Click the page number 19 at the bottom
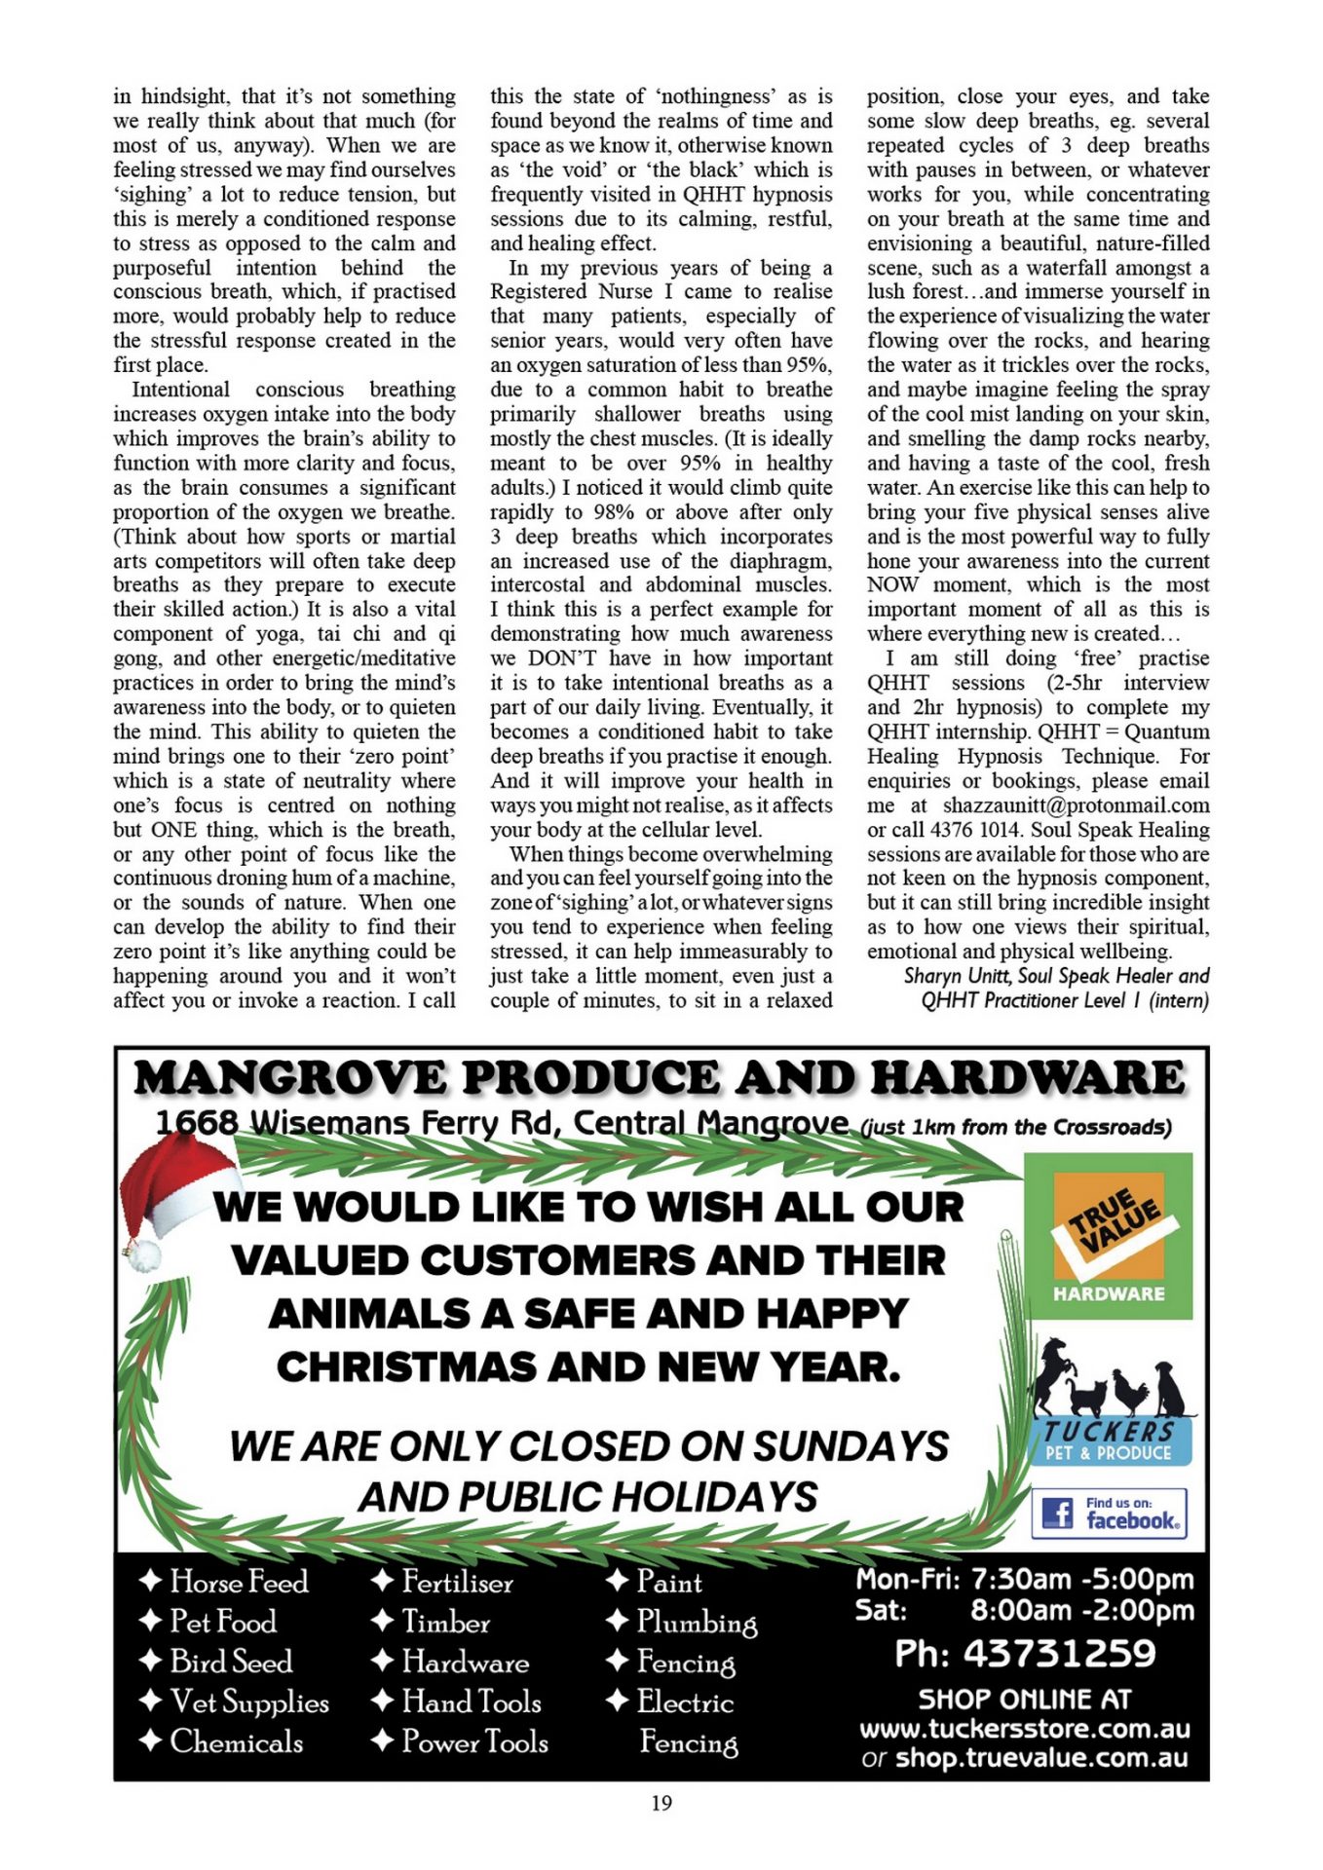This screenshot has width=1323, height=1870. (x=661, y=1803)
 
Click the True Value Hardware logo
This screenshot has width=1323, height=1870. (x=1109, y=1235)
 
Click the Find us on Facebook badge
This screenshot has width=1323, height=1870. (x=1110, y=1513)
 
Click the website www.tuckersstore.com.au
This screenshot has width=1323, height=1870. (x=1025, y=1729)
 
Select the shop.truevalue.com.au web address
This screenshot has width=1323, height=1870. (x=1041, y=1757)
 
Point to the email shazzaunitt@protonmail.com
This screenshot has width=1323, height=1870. (x=1076, y=805)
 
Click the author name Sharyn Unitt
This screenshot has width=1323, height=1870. (x=957, y=976)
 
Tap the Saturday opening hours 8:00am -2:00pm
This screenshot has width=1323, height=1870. (x=1081, y=1610)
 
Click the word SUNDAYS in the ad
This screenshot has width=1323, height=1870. (x=850, y=1445)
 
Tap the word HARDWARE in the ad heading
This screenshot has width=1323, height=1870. (x=1027, y=1078)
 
